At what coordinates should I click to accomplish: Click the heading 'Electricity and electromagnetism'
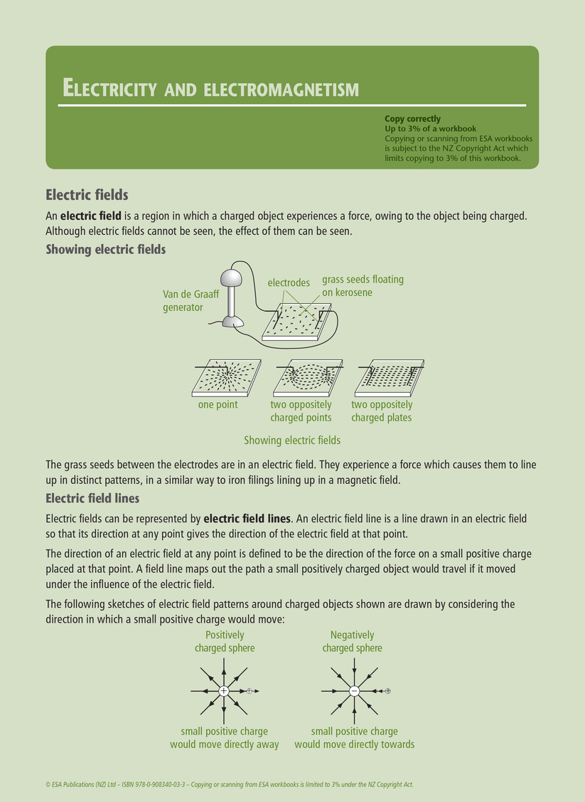(x=210, y=88)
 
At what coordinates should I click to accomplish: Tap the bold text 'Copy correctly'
(x=412, y=119)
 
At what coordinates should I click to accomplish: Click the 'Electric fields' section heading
(x=87, y=194)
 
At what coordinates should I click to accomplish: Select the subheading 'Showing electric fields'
(x=105, y=250)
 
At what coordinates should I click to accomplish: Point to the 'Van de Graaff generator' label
(x=183, y=301)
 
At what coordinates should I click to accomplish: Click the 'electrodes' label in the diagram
(x=289, y=283)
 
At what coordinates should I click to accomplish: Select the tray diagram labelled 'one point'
(x=226, y=378)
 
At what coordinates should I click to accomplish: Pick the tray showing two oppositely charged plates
(x=388, y=378)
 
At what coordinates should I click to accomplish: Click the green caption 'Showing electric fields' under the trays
(x=291, y=440)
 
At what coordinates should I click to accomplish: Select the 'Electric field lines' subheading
(x=92, y=498)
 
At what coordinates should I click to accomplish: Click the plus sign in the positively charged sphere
(x=223, y=691)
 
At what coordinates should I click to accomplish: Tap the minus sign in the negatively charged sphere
(x=354, y=691)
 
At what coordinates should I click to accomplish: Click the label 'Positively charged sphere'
(x=225, y=641)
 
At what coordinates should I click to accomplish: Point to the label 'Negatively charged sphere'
(x=352, y=641)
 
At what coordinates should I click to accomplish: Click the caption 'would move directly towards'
(x=354, y=744)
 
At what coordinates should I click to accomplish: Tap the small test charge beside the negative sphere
(x=387, y=691)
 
